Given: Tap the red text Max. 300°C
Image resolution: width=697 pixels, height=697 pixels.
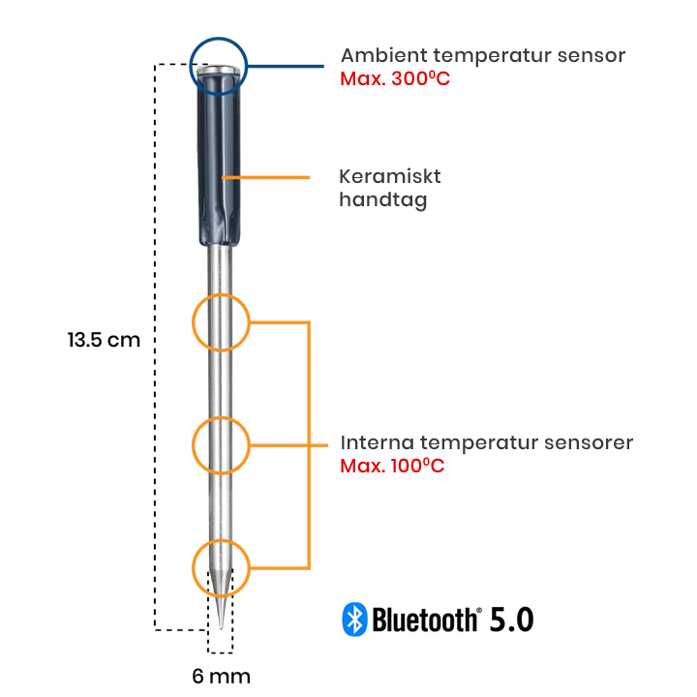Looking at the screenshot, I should (x=395, y=78).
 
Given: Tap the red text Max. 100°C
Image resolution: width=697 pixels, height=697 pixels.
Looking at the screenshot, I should (x=392, y=466).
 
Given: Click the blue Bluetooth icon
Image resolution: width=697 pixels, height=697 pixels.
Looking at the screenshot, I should (x=355, y=620).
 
